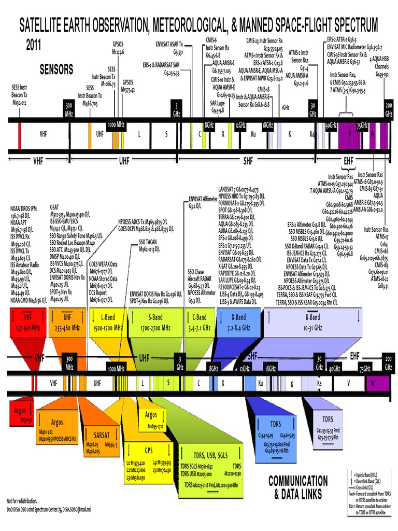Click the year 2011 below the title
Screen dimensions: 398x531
click(x=34, y=45)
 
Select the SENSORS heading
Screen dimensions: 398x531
click(x=56, y=69)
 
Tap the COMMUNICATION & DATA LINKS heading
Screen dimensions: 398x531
click(x=298, y=487)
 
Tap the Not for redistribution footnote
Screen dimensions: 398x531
click(x=22, y=501)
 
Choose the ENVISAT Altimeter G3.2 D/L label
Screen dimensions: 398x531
click(x=203, y=201)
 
